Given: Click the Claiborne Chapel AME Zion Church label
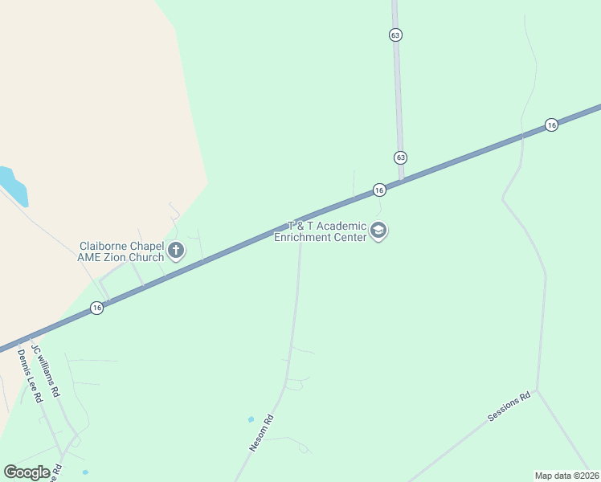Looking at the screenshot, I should point(121,251).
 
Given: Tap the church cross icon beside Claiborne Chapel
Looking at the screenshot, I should point(176,252).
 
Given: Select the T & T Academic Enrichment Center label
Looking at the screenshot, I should point(321,231).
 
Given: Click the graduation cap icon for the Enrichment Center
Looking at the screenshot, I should point(378,232).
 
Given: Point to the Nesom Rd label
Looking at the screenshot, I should point(262,433).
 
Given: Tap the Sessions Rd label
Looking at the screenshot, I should point(509,407).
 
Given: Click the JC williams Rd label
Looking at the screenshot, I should point(46,371).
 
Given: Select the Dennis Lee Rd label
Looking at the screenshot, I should point(29,378).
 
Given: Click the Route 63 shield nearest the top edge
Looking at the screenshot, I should point(395,35).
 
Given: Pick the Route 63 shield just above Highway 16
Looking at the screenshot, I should point(400,157).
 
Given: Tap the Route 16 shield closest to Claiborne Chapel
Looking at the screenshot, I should point(96,308).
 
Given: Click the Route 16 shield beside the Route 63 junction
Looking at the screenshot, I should point(379,190).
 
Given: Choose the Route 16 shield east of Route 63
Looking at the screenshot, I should point(550,125).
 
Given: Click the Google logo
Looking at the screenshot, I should point(27,472).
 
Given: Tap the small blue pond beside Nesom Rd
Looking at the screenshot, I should point(251,419).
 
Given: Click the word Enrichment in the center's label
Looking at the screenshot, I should point(303,237).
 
